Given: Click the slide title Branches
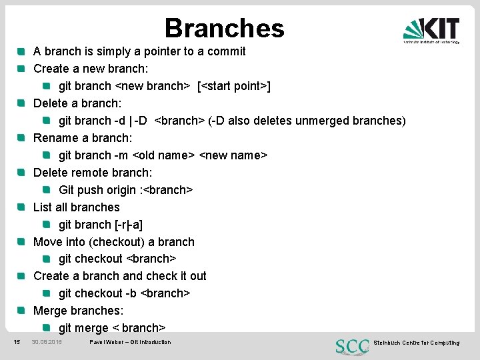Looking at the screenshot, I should click(x=224, y=28).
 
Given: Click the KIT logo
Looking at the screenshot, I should click(x=431, y=29).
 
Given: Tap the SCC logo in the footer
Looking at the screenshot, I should click(x=351, y=346).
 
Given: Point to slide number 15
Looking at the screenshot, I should click(x=17, y=342).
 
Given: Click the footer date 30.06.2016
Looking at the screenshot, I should click(x=47, y=342).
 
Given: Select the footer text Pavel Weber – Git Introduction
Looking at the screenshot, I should click(x=130, y=342).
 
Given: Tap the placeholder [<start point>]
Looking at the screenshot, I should click(x=233, y=86).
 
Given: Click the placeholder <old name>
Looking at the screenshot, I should click(x=163, y=155).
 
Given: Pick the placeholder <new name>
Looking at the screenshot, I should click(x=233, y=155).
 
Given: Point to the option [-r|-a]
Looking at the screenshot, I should click(x=129, y=225).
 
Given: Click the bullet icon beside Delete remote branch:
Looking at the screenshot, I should click(x=21, y=173).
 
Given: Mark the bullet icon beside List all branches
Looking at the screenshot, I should click(x=21, y=207).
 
